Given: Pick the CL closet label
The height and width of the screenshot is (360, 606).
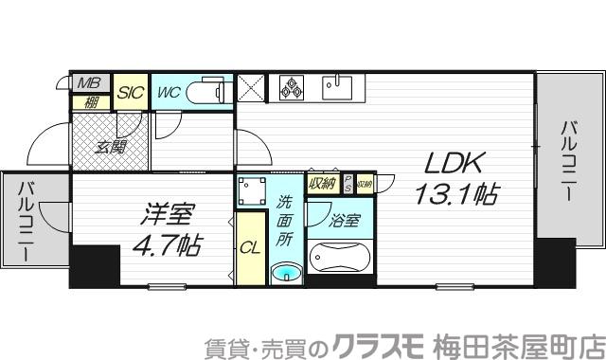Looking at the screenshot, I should [249, 249].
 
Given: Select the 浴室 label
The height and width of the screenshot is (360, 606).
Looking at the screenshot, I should [345, 223].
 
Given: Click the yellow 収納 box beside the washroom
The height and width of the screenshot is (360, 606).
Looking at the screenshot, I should [322, 184].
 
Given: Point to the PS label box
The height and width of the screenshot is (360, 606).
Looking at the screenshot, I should [348, 183].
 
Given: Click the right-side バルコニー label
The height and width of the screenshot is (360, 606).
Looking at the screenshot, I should [566, 158].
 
